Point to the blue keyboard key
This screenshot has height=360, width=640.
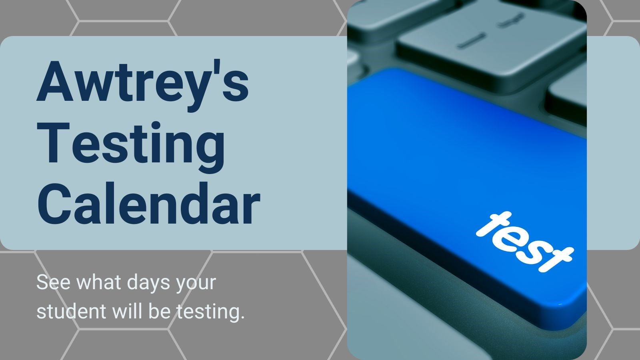click(460, 168)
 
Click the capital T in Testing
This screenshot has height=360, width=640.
click(54, 143)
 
